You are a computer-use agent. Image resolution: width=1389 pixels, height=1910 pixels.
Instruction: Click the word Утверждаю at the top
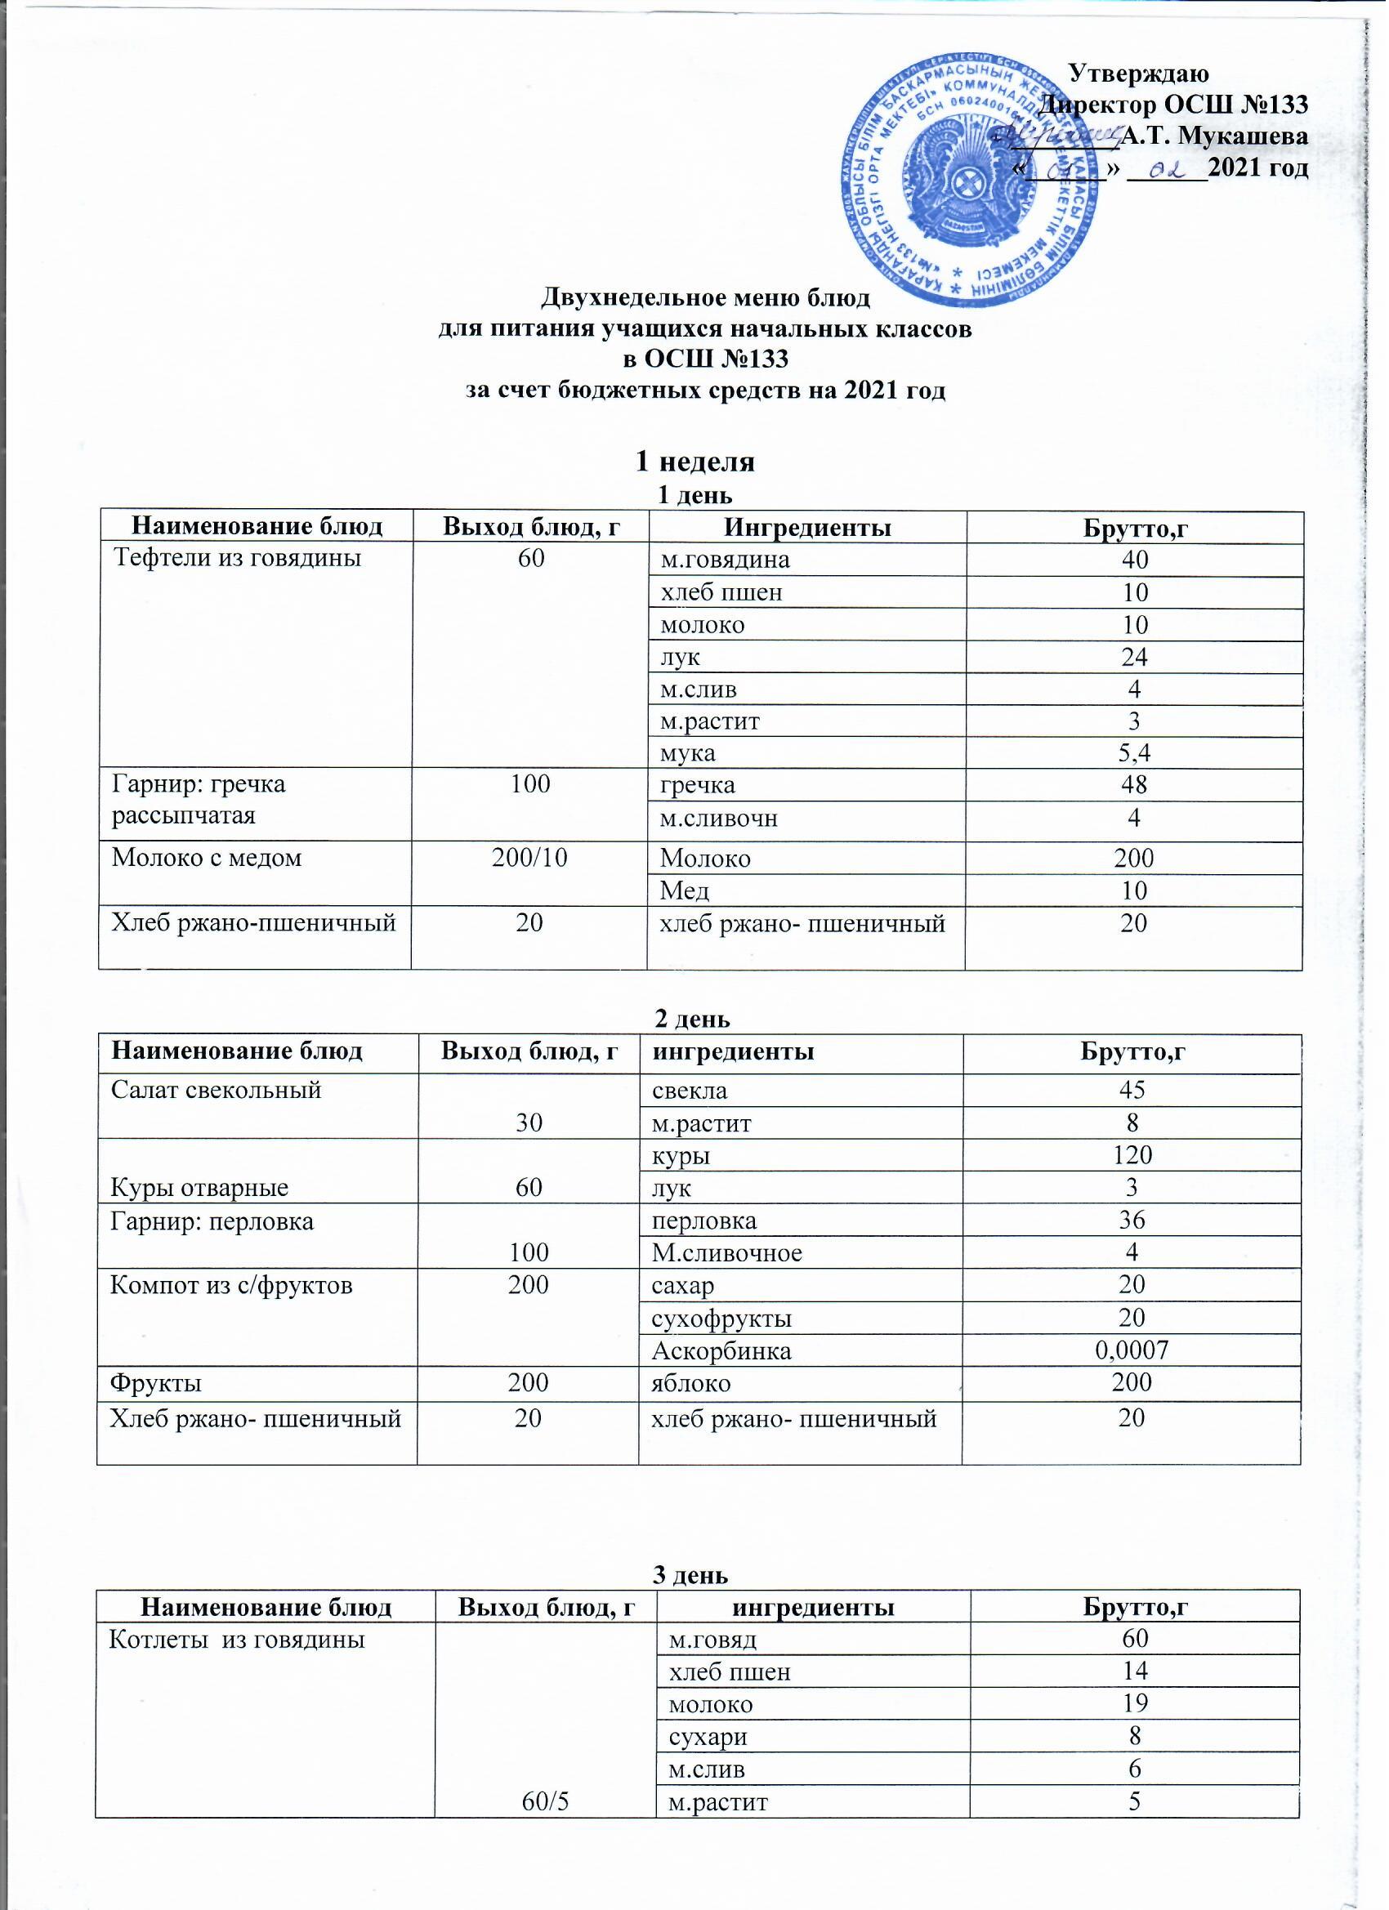click(1138, 74)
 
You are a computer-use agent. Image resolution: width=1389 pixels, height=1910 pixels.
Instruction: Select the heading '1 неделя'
click(694, 462)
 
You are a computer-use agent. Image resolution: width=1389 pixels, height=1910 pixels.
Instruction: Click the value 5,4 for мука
click(1134, 753)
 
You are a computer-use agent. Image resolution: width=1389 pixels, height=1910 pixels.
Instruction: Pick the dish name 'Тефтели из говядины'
click(239, 558)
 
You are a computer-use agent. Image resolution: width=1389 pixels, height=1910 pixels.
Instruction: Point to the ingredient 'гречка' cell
click(698, 785)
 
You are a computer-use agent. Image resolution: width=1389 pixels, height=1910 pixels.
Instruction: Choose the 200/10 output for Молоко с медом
click(530, 858)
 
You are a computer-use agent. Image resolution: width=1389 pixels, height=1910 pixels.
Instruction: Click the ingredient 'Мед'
click(684, 890)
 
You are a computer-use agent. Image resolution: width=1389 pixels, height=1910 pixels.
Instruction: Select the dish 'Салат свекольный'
click(217, 1090)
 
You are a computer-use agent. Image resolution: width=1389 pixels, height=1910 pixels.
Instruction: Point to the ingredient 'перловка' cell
click(704, 1221)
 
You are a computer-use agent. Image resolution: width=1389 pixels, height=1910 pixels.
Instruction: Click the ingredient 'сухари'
click(707, 1736)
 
